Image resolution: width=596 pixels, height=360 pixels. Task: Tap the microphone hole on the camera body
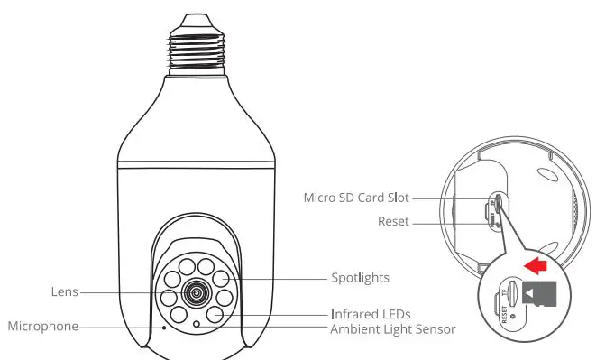(x=164, y=327)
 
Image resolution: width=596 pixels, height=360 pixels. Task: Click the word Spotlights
(x=360, y=278)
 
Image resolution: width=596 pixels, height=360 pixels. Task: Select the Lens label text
(x=64, y=291)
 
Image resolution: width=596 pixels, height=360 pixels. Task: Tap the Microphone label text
(x=42, y=326)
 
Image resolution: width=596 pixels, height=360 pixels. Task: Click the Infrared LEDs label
(x=371, y=313)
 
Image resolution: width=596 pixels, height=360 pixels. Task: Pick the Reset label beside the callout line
(x=394, y=220)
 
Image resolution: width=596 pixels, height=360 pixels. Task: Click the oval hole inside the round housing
(x=499, y=204)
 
